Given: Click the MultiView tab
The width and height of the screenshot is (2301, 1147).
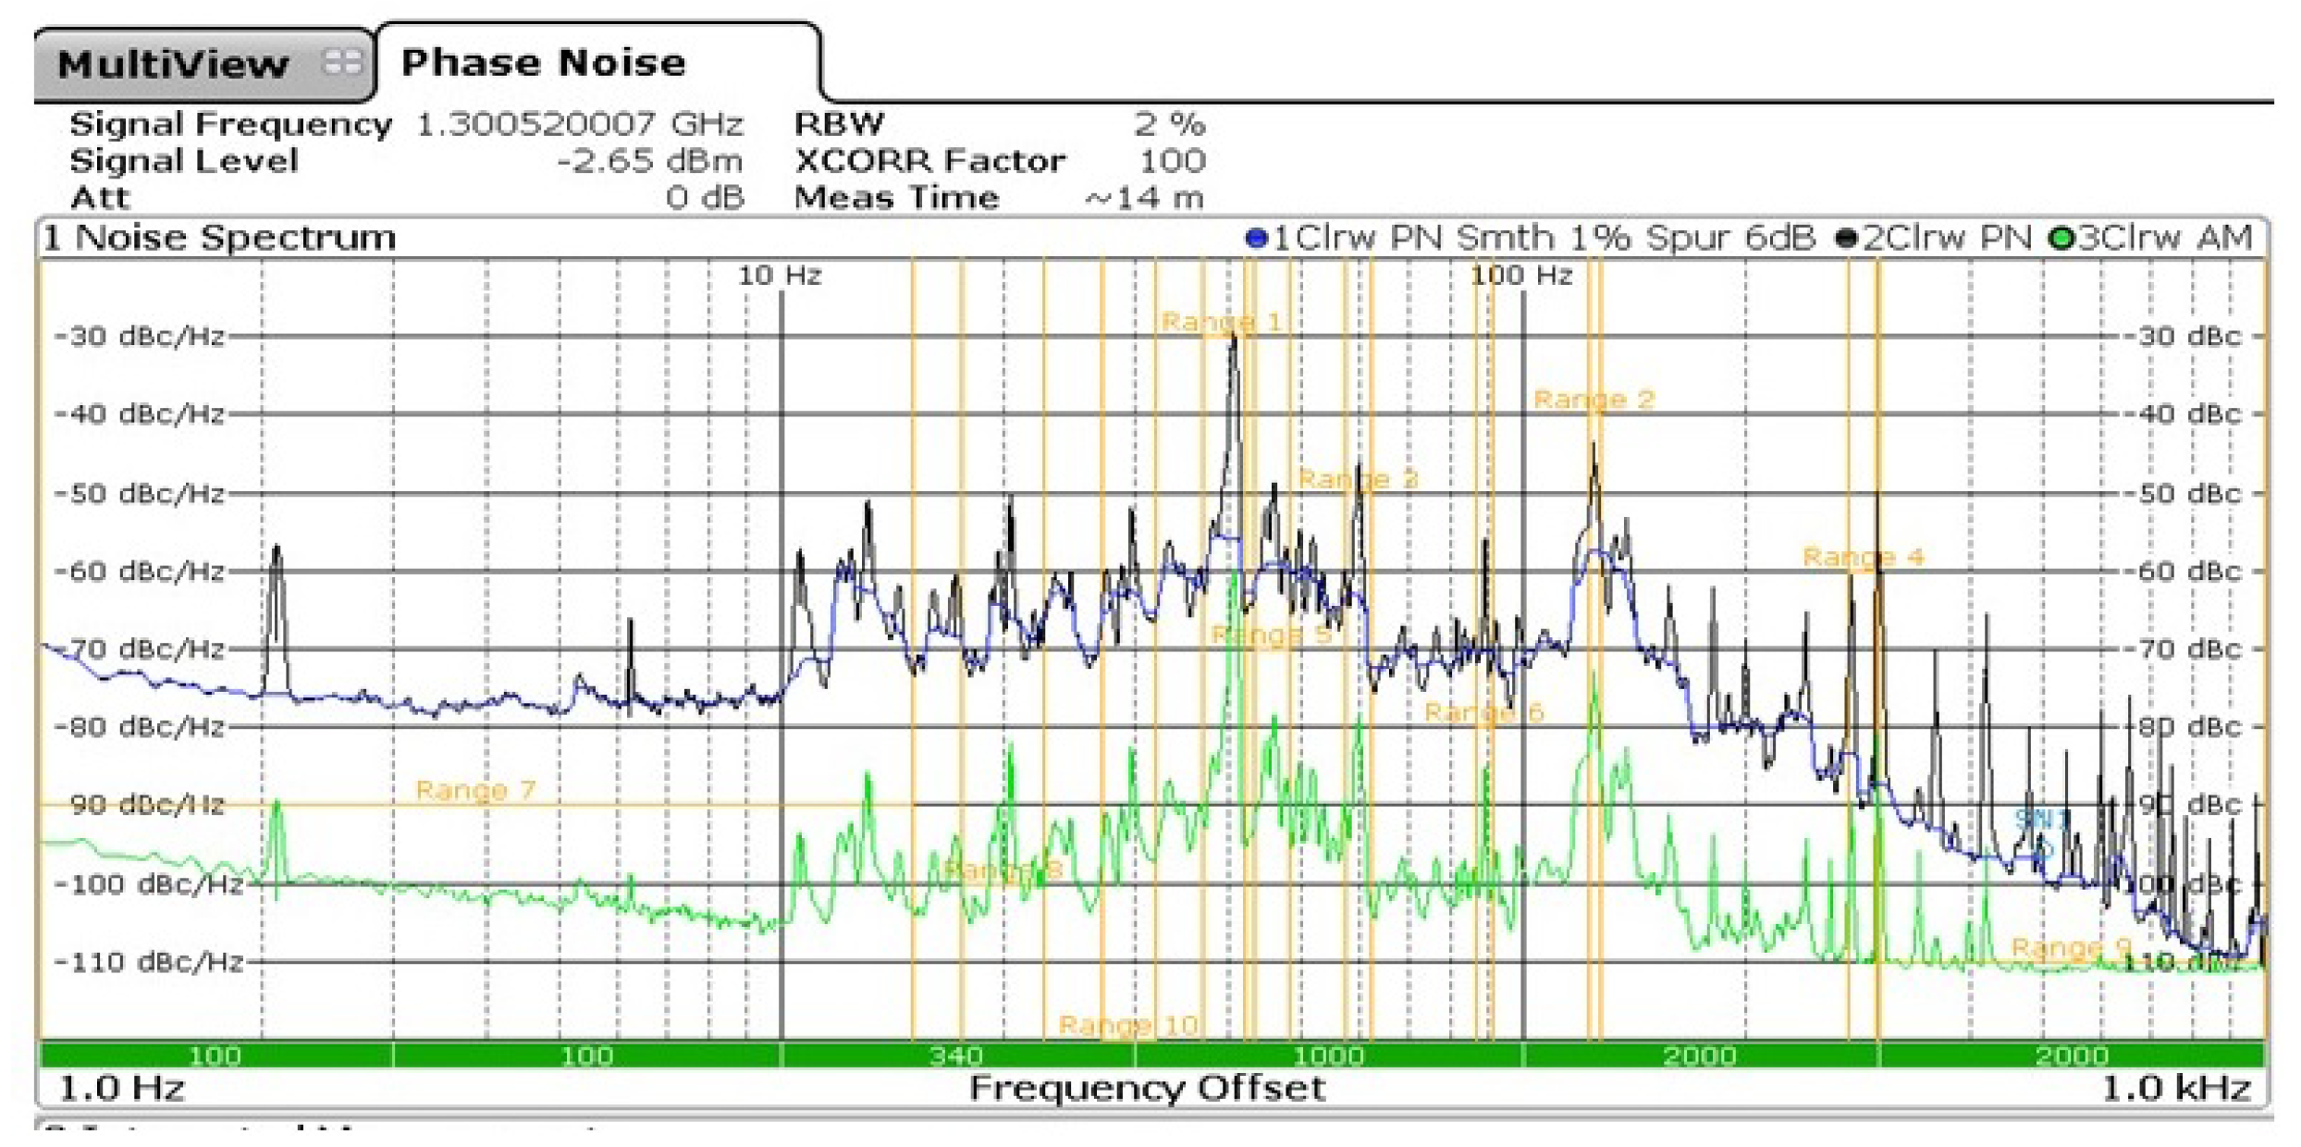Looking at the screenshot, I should point(174,65).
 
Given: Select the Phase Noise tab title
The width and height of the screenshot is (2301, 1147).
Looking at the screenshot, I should point(544,63).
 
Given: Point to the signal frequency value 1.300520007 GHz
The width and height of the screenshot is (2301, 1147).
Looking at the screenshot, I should point(580,124).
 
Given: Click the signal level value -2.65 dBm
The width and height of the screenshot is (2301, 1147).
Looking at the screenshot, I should point(649,161).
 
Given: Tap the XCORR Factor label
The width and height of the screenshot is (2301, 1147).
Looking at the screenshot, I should point(929,161).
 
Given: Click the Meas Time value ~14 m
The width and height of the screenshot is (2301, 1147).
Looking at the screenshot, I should point(1144,198).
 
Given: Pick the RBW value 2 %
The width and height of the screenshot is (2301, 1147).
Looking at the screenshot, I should point(1170,124).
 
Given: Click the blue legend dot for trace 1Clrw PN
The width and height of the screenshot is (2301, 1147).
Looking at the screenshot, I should point(1256,239).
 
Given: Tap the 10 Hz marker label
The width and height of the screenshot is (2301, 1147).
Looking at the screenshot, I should point(780,276).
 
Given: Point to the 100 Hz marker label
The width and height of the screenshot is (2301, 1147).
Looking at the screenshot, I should point(1521,276).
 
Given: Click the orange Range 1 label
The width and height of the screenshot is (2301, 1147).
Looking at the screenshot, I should point(1221,322).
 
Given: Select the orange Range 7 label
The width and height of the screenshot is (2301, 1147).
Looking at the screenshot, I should point(475,790).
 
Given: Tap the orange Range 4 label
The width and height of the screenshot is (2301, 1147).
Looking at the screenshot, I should point(1863,557).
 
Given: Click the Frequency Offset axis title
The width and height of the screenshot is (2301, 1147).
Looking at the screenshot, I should point(1147,1088).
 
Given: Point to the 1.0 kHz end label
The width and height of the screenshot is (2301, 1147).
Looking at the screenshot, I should point(2175,1088).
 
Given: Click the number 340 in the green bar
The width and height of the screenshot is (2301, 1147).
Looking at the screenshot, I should point(956,1055).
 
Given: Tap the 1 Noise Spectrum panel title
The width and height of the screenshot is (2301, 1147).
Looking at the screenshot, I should point(220,238).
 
